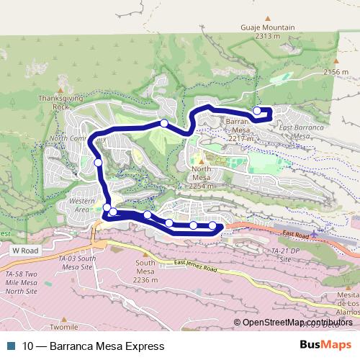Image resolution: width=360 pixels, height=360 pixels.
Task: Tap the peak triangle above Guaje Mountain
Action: [x=267, y=19]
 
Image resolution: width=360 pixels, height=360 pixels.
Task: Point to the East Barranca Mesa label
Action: [x=294, y=130]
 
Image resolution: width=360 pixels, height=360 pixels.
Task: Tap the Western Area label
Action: [x=82, y=204]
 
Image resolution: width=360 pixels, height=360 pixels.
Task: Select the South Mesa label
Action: [x=146, y=271]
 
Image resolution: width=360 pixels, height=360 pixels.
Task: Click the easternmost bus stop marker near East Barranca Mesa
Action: [x=257, y=111]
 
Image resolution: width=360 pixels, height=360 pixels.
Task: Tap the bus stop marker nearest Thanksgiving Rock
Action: [x=98, y=163]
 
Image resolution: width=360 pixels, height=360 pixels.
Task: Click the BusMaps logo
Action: [x=325, y=345]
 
